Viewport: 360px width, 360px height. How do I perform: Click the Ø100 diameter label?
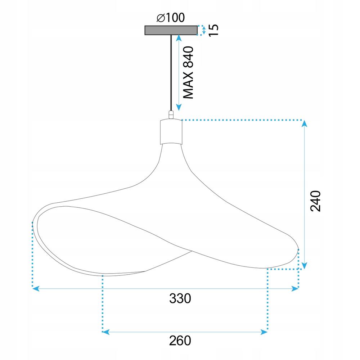[x=171, y=18]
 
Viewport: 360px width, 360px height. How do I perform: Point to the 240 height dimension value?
[x=315, y=201]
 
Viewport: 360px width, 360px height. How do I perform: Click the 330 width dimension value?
[x=180, y=298]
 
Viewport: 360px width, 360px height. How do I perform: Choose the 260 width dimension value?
[x=180, y=340]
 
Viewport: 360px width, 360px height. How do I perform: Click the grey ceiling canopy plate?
[x=171, y=31]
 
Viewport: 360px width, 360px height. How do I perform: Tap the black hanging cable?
[x=171, y=72]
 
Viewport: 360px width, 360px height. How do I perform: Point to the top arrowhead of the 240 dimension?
[x=305, y=124]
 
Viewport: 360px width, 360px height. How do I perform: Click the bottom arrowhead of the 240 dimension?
[x=305, y=266]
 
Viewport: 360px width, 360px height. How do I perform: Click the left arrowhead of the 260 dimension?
[x=106, y=331]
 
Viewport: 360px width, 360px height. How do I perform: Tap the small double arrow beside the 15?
[x=204, y=31]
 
